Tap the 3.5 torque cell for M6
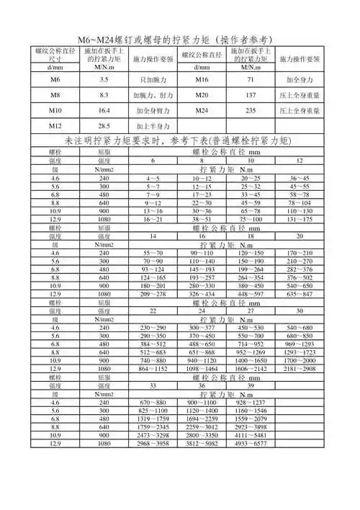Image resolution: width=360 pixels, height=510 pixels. (x=104, y=79)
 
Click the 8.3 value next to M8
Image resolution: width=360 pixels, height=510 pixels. (x=104, y=95)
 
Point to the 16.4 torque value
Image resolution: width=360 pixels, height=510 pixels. (x=104, y=111)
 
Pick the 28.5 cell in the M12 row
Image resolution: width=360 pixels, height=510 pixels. (x=104, y=127)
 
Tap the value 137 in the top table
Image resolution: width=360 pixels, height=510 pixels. (x=251, y=95)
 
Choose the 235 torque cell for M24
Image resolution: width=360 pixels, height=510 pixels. (x=251, y=111)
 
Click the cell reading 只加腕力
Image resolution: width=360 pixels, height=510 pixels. (x=152, y=79)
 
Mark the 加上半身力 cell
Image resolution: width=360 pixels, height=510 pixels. (x=152, y=127)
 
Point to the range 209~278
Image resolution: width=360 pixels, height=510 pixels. (x=153, y=314)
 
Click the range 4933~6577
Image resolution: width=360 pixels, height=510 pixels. (x=251, y=464)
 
